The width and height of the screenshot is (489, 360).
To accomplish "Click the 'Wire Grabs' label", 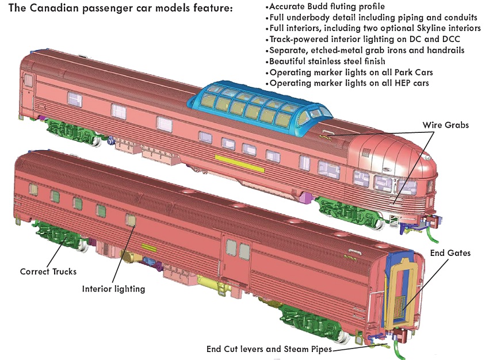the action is click(x=445, y=125).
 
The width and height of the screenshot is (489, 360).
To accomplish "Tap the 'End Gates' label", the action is click(x=450, y=253).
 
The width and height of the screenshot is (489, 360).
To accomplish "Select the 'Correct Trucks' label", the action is click(x=48, y=271).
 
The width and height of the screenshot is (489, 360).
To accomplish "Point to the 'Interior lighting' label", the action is click(x=113, y=289).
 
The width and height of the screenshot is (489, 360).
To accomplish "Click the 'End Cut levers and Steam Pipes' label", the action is click(x=269, y=349).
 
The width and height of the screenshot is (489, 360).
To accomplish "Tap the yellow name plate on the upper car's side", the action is click(x=239, y=163).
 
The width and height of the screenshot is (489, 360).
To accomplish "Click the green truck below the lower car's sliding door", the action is click(x=312, y=321).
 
